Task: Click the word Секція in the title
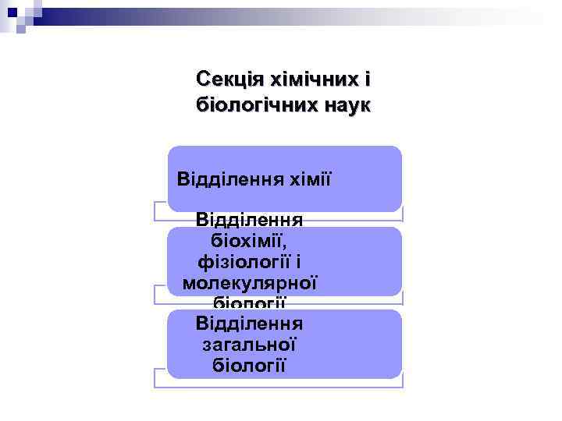click(230, 80)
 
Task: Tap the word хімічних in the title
click(315, 80)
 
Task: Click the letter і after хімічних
click(367, 80)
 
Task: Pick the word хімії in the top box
click(308, 179)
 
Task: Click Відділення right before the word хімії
click(229, 179)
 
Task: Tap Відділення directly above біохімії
click(250, 221)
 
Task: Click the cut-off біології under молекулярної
click(250, 302)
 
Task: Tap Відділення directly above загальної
click(250, 323)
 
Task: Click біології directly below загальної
click(250, 363)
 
